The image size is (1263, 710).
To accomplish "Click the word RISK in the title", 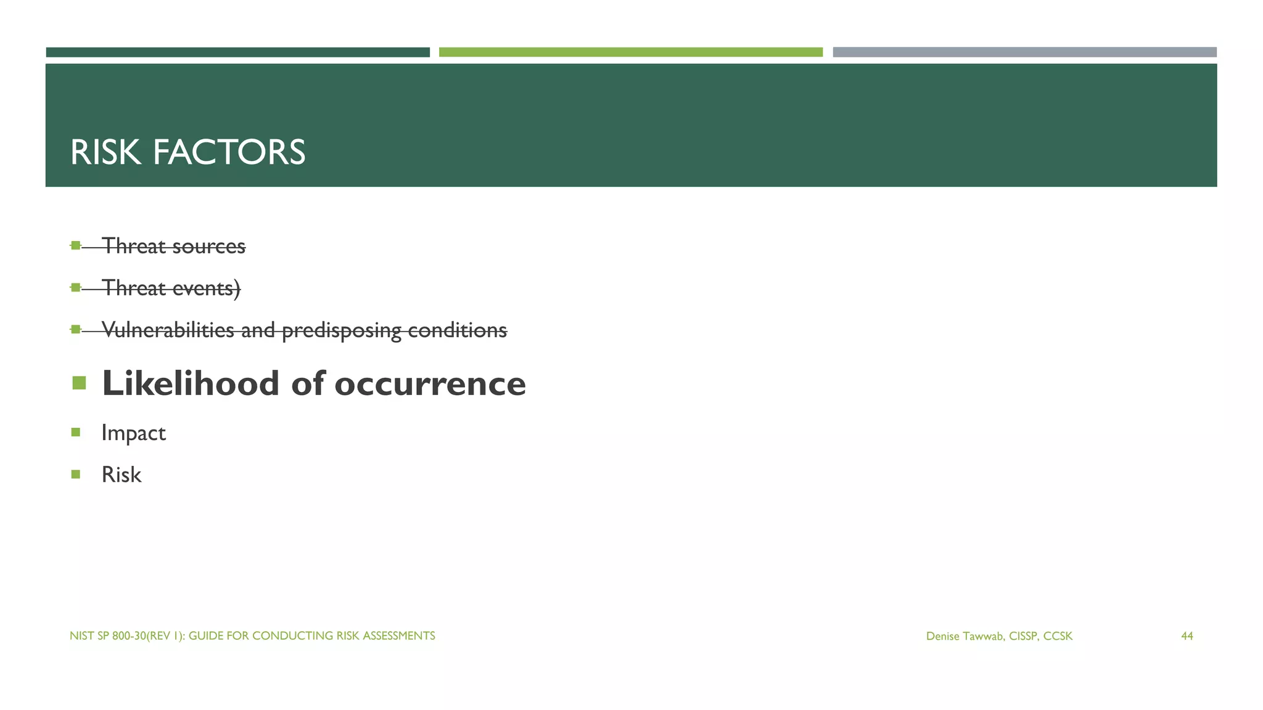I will point(105,152).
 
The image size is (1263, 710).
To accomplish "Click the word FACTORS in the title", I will point(229,152).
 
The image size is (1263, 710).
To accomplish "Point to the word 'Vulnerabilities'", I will point(168,330).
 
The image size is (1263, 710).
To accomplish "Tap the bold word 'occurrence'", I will point(430,383).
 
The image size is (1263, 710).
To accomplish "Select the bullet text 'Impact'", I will point(134,433).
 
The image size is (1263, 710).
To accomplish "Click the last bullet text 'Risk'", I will point(121,475).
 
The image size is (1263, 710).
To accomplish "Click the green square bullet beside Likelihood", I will point(79,383).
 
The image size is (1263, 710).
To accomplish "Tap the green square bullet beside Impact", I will point(76,432).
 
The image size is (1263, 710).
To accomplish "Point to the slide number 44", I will point(1187,636).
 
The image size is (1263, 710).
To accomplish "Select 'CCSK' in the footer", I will point(1058,636).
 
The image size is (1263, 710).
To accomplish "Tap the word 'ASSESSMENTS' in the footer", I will point(398,636).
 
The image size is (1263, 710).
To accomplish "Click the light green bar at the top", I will point(630,52).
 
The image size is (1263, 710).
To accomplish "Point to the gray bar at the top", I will point(1024,52).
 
